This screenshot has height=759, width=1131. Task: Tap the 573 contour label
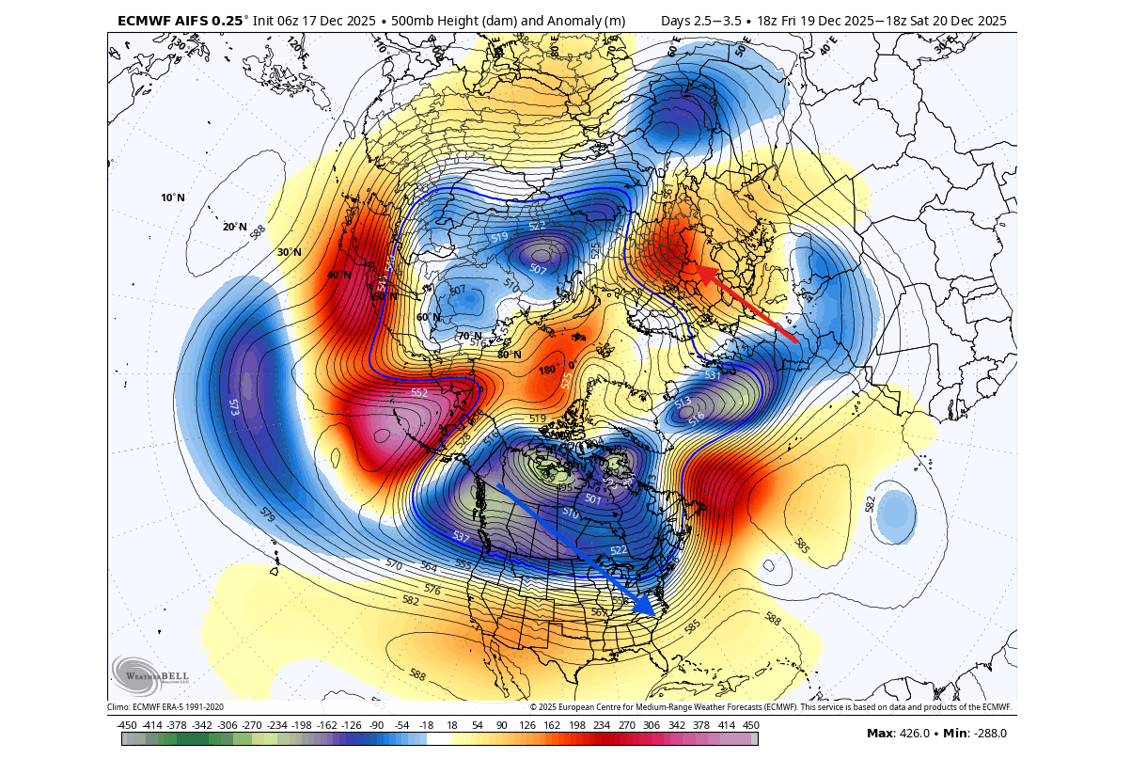point(233,407)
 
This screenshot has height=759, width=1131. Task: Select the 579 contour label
point(267,515)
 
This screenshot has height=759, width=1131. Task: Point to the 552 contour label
point(419,393)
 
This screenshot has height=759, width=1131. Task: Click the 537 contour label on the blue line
point(461,537)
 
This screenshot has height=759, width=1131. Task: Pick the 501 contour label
point(592,499)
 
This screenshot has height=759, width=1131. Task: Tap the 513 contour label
point(683,403)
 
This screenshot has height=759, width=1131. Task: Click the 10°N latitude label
point(173,198)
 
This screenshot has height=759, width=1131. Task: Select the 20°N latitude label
point(235,227)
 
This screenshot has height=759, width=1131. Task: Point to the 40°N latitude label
point(339,275)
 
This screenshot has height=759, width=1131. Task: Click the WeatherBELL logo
point(150,673)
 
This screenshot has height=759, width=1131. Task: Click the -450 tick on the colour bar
point(127,724)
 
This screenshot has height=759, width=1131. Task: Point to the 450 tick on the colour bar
point(750,724)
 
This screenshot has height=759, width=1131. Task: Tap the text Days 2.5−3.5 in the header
point(701,20)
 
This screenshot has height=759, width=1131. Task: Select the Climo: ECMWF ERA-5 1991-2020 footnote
point(165,707)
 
